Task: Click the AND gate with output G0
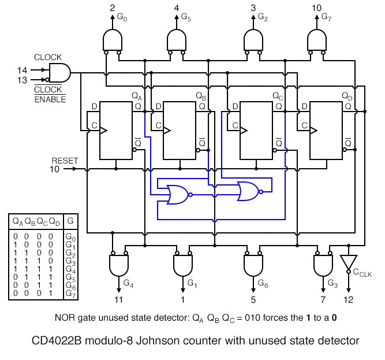click(112, 40)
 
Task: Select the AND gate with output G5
click(176, 40)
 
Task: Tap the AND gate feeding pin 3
click(253, 40)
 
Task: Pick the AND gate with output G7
click(316, 40)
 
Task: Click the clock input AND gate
click(59, 73)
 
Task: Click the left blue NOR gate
click(175, 194)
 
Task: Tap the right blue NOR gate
click(248, 191)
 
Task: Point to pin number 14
click(23, 70)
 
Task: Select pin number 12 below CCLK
click(349, 300)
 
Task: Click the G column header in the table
click(70, 221)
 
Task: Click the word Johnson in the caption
click(180, 341)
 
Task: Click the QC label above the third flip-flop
click(277, 96)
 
